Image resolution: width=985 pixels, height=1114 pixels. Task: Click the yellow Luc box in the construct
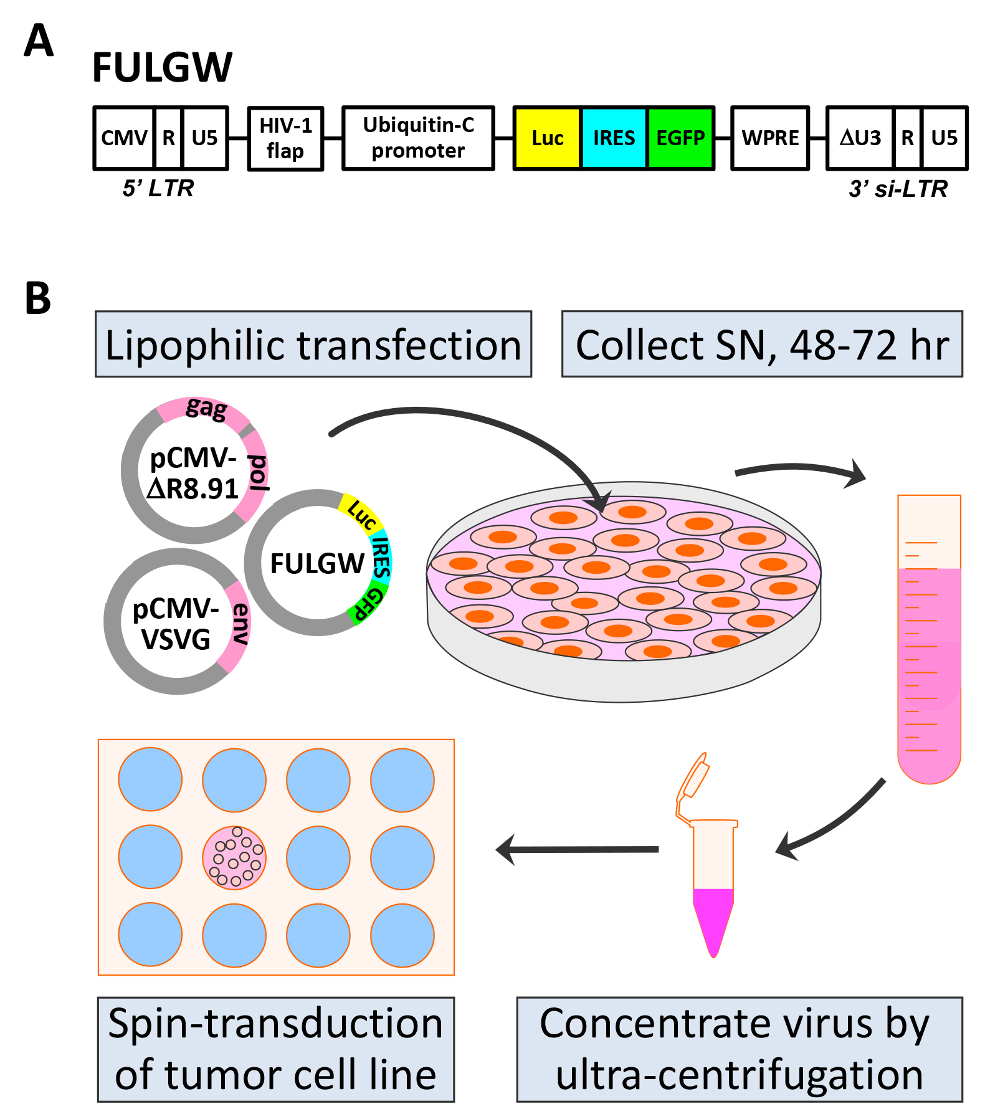[x=547, y=138]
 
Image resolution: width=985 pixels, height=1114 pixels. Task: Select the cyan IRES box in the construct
[x=614, y=138]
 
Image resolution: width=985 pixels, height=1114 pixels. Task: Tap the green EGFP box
[x=681, y=138]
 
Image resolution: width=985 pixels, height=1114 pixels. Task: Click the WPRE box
[x=770, y=138]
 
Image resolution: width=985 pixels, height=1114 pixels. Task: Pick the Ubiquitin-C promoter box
[x=418, y=138]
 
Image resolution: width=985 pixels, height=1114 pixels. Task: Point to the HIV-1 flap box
[x=285, y=138]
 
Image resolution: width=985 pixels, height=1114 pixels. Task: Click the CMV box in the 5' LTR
[x=125, y=138]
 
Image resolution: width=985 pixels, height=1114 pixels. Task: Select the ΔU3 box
[x=860, y=138]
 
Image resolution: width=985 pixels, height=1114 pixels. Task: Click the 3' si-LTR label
[x=898, y=188]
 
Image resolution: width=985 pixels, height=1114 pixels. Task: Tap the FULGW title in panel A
[x=162, y=67]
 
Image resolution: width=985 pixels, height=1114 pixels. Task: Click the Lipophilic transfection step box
[x=313, y=344]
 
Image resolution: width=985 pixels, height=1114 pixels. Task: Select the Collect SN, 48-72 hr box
[x=762, y=344]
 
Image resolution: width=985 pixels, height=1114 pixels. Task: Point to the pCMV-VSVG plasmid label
[x=176, y=624]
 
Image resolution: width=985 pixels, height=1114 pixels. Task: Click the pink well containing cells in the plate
[x=234, y=857]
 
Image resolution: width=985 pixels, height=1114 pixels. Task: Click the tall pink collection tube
[x=929, y=639]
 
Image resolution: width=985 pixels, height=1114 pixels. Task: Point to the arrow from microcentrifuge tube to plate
[x=577, y=849]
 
